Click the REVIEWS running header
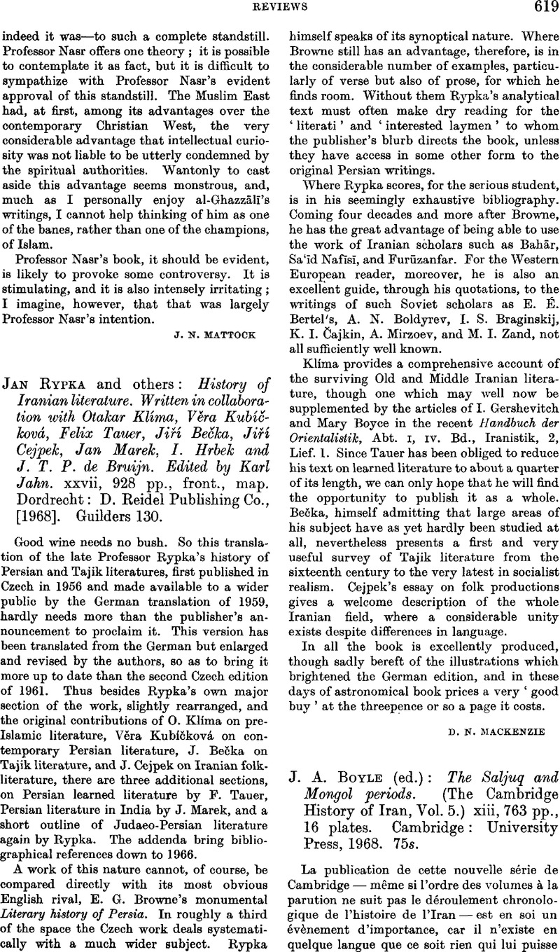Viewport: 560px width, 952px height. [x=279, y=9]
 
